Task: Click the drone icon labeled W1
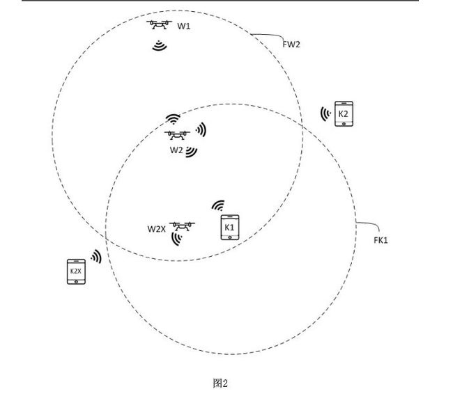[160, 26]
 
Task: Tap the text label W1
[184, 26]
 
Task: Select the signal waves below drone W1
[160, 47]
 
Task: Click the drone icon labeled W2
[176, 135]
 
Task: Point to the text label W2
[176, 149]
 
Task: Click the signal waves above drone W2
[173, 120]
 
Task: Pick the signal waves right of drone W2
[201, 129]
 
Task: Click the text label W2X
[156, 228]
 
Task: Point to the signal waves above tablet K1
[219, 206]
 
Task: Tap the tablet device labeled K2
[343, 113]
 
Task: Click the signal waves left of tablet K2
[325, 113]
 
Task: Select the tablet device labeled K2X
[75, 271]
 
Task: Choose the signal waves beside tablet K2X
[96, 257]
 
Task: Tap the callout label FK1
[381, 240]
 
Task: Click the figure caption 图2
[220, 383]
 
